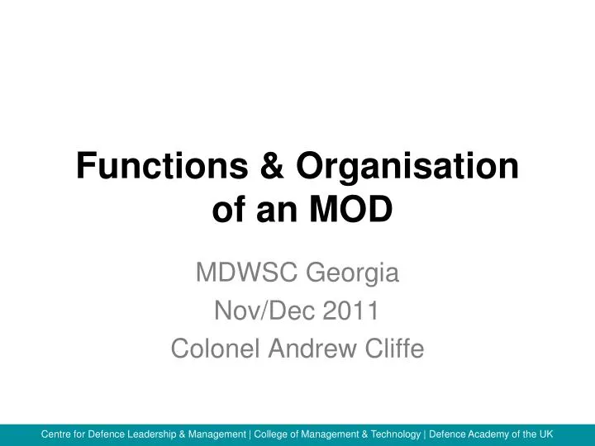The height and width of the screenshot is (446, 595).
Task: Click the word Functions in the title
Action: [158, 168]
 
